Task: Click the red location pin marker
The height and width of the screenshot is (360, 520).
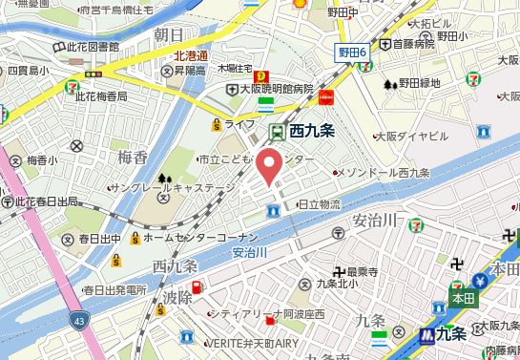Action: click(271, 164)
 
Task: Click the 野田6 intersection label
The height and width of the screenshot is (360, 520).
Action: click(353, 53)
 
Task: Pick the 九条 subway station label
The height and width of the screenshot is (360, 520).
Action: click(450, 335)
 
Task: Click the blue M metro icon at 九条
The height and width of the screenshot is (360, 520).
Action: click(426, 335)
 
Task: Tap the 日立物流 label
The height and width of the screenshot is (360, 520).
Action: click(320, 203)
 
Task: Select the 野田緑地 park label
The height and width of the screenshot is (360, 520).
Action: click(420, 84)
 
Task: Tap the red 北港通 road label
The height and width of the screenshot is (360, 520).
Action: click(190, 56)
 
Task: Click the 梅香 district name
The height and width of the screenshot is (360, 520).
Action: click(134, 156)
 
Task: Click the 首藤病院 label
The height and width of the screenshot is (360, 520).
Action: click(414, 44)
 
